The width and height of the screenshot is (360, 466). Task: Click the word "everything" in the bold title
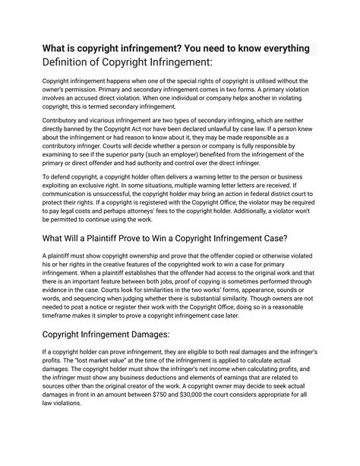[x=283, y=49]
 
